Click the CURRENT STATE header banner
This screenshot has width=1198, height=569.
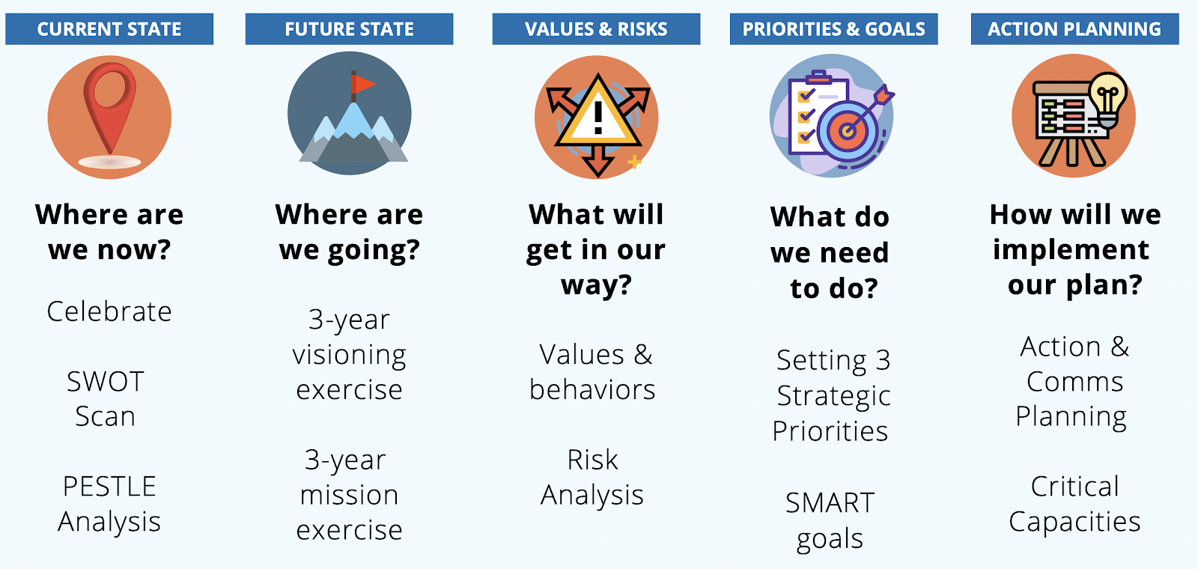click(109, 29)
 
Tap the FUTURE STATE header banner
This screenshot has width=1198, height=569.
click(349, 29)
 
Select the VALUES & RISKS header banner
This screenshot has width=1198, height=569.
click(596, 29)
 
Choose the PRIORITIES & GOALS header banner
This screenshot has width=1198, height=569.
click(834, 29)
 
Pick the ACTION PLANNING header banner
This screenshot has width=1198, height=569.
click(1075, 29)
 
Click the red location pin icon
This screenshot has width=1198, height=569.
click(109, 104)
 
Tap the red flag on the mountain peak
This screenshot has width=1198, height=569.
click(362, 83)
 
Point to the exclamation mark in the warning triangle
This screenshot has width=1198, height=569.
click(598, 118)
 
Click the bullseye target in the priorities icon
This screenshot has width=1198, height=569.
click(847, 130)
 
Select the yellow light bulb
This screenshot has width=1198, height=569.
click(1109, 97)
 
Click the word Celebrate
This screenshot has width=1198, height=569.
click(109, 311)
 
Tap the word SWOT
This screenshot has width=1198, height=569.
click(106, 382)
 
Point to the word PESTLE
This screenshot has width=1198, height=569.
click(109, 487)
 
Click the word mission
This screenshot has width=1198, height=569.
click(349, 495)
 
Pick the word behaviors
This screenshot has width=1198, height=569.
click(592, 389)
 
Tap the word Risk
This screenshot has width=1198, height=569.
click(592, 460)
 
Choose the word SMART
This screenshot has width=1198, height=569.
click(830, 503)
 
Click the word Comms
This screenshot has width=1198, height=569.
click(1075, 382)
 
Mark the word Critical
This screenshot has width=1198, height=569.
click(1075, 487)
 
